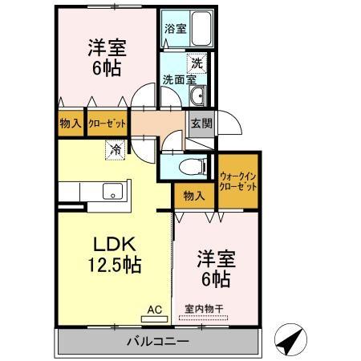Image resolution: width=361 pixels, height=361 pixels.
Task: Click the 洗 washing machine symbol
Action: coord(197,61)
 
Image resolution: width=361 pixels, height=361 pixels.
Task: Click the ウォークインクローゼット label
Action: coord(238,180)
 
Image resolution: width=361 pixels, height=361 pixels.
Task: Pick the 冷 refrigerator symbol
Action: coord(116,148)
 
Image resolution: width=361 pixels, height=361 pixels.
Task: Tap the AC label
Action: coord(154,308)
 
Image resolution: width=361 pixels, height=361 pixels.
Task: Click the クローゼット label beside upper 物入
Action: coord(108,124)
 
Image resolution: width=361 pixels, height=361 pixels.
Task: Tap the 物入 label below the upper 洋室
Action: coord(70,124)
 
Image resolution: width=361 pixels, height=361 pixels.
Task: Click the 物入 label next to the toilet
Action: coord(191,195)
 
